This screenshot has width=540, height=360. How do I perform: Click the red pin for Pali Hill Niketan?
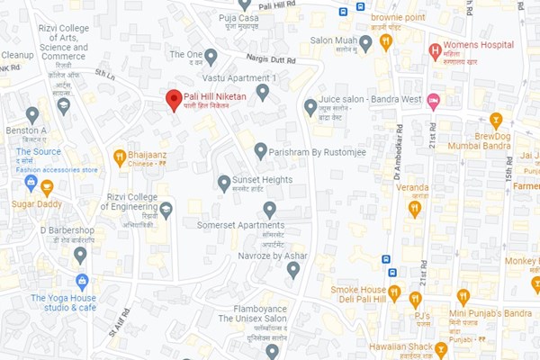click(174, 100)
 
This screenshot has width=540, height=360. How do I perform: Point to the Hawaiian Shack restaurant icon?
click(441, 348)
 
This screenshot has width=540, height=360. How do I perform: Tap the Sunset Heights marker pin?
click(224, 183)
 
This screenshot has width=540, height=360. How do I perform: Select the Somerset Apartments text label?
click(234, 225)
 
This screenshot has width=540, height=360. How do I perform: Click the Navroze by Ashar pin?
click(292, 270)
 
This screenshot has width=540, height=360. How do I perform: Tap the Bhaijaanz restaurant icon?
click(119, 157)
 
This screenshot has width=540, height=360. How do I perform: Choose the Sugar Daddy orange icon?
click(47, 187)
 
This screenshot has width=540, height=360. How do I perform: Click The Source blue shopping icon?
click(31, 183)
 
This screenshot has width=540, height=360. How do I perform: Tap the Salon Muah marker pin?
click(365, 42)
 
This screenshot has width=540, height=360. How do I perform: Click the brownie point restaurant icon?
click(386, 41)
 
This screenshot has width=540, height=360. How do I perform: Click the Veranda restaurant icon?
click(415, 209)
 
